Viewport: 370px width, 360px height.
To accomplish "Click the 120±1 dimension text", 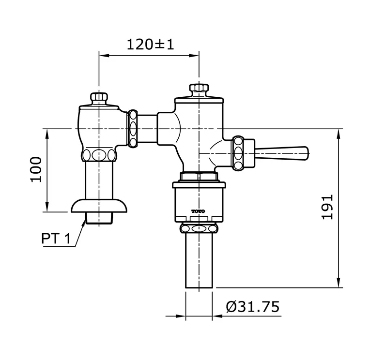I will point(150,45).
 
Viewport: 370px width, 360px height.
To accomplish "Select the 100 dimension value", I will point(36,169).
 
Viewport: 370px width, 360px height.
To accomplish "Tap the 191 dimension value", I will point(328,207).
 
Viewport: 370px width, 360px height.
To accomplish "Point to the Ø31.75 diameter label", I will point(253,306).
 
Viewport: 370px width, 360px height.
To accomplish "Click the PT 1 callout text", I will point(56,239).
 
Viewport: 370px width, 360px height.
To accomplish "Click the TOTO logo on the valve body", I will point(198,211).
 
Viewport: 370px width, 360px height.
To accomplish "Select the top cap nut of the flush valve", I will point(199,89).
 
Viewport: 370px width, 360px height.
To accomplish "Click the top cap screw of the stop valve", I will point(99,97).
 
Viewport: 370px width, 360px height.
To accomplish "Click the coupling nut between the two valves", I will point(134,128).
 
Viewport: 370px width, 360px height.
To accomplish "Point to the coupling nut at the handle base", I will point(238,153).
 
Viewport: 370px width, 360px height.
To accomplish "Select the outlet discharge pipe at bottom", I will point(199,261).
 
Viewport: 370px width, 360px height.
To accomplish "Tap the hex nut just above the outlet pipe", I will point(199,228).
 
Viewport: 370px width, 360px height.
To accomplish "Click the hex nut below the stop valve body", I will point(99,155).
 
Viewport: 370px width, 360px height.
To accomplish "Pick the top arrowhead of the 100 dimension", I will point(46,134).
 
